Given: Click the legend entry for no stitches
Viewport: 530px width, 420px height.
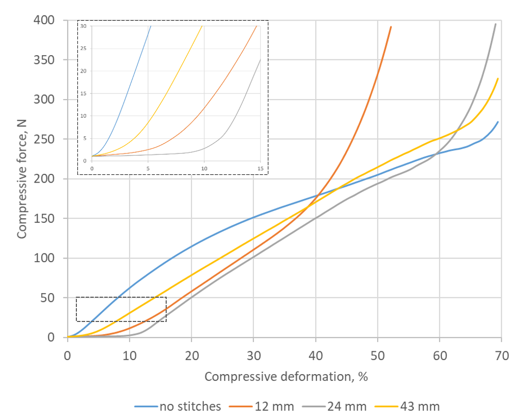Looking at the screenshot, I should pos(178,407).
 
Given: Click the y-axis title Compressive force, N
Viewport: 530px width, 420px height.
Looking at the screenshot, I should pos(22,179).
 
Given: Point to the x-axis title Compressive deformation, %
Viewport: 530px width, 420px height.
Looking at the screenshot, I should pos(286,377).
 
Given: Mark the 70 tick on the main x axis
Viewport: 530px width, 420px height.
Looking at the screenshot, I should pos(501,356).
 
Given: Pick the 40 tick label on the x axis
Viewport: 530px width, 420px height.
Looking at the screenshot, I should pos(315,356).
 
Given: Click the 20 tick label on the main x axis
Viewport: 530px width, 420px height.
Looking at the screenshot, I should pos(191,356).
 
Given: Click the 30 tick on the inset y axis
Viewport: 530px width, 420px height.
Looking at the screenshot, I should pos(84,26).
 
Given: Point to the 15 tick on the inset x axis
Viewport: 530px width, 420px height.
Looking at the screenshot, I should pos(260,169).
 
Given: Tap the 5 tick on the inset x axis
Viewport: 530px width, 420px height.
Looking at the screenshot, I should pos(148,169).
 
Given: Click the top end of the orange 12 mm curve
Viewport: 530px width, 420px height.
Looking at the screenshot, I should pos(391,27).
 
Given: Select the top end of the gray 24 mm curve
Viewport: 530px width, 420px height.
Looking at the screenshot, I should pos(496,24).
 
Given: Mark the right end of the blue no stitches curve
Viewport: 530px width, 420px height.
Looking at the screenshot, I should pos(498,122).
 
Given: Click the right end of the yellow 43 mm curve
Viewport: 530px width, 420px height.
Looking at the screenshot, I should pos(498,78).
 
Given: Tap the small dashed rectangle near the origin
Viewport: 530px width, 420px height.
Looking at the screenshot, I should pos(121,309).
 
